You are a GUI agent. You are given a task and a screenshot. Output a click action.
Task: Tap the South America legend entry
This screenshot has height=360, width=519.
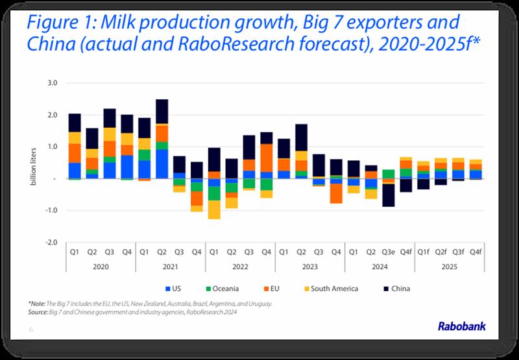click(333, 289)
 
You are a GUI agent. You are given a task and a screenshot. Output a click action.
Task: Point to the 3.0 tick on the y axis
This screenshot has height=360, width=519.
click(51, 83)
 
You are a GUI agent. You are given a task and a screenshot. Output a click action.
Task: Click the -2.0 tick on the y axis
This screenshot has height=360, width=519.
click(50, 242)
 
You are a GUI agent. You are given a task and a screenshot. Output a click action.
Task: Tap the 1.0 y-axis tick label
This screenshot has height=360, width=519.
click(51, 147)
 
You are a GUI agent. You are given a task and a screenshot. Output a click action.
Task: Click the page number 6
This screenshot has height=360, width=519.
click(30, 330)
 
